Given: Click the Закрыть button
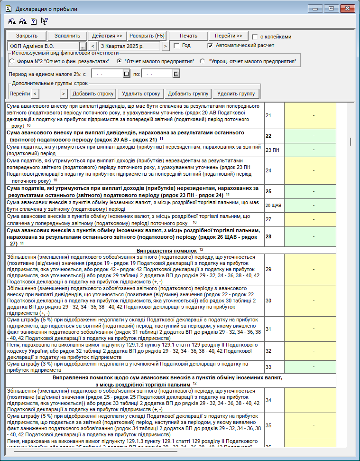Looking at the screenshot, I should point(27,36).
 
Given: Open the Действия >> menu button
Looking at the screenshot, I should point(107,36).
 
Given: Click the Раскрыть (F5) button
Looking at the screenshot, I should point(147,36).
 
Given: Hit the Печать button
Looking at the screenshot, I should point(188,36).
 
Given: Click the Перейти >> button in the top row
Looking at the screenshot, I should point(228,36).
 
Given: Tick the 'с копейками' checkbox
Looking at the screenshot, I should point(255,37).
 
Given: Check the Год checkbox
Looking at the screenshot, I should point(176,46).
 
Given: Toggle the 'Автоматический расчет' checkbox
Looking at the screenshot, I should point(211,46).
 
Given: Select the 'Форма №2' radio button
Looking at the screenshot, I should point(12,62).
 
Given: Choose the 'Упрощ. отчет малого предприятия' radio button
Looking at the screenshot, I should point(203,62).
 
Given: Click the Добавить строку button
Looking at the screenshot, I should point(93,94).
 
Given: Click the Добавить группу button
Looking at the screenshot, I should point(188,94).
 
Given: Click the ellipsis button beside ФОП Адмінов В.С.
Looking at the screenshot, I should point(83,46).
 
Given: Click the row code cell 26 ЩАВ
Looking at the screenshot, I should point(274,206).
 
